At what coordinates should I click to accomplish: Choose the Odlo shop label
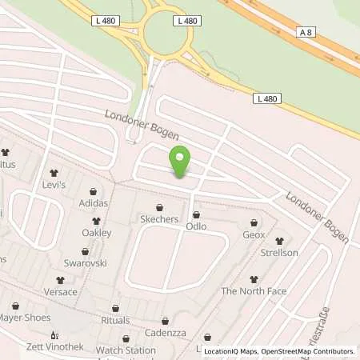tap(196, 226)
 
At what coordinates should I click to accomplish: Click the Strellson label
tap(278, 253)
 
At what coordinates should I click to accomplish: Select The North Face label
tap(254, 291)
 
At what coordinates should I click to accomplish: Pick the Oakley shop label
tap(96, 233)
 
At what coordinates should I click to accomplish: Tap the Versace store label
tap(61, 292)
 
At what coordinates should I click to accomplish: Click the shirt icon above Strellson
tap(278, 240)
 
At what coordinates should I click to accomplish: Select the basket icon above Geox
tap(254, 222)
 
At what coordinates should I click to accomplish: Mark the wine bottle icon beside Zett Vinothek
tap(54, 336)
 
